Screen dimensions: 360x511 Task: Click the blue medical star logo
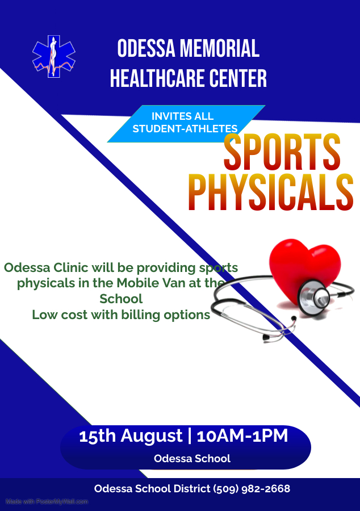tap(54, 56)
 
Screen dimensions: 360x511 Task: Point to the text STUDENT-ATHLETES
tap(185, 129)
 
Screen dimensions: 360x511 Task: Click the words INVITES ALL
tap(182, 116)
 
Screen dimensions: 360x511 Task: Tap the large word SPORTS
tap(282, 152)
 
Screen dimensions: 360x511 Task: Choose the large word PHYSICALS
tap(271, 192)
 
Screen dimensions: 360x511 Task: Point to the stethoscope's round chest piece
tap(315, 298)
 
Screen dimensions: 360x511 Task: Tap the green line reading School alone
tap(121, 299)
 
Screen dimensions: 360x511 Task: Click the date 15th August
tap(131, 436)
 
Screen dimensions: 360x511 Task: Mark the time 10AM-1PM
tap(242, 436)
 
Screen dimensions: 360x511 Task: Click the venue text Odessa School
tap(192, 459)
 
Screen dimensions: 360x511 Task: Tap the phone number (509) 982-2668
tap(252, 489)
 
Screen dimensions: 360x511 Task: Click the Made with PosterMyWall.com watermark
tap(47, 501)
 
